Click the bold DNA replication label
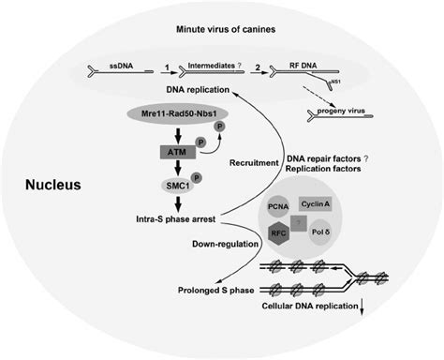pos(200,87)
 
